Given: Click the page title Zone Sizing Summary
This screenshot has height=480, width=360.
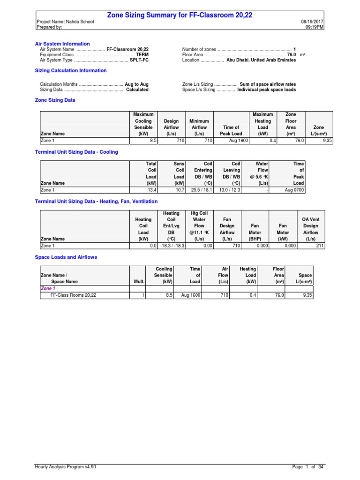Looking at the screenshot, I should tap(180, 15).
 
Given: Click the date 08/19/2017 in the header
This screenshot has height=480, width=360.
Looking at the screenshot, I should tap(312, 22).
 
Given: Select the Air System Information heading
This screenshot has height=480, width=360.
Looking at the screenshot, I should tap(62, 44).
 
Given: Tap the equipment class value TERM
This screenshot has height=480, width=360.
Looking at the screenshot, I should tap(142, 54).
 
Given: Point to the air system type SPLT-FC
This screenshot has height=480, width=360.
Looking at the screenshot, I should tap(139, 60).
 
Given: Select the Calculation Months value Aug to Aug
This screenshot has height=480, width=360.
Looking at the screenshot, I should tap(136, 84).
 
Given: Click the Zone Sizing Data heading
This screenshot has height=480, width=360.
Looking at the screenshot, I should tap(55, 100).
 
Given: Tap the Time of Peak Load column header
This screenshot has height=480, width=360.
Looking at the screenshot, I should tap(230, 130).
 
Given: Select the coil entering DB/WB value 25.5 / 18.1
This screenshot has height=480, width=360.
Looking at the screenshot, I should tap(201, 190).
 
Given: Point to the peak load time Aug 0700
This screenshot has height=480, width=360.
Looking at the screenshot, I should tap(294, 190).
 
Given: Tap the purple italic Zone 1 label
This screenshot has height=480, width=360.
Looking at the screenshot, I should tap(48, 289).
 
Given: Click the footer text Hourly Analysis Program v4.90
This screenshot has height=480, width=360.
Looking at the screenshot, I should tap(66, 467).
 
